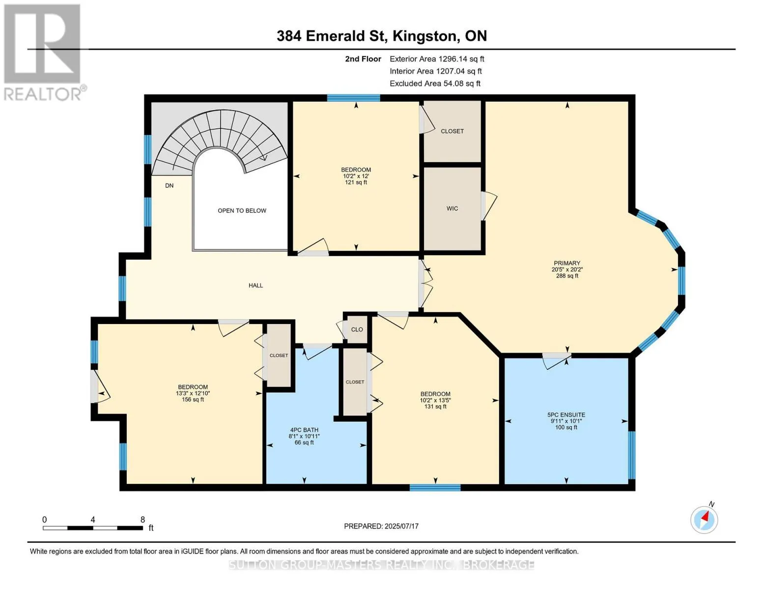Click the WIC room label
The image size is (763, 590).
[x=452, y=208]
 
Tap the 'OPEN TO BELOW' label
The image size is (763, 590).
[x=242, y=210]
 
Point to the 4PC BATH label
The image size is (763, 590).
[x=304, y=430]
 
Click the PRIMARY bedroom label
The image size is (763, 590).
[x=566, y=263]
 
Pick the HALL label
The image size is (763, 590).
[x=255, y=285]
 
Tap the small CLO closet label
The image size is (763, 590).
[x=357, y=329]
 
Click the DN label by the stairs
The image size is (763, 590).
[x=169, y=185]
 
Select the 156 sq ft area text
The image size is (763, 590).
[x=193, y=400]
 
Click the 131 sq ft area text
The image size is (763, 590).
[x=435, y=407]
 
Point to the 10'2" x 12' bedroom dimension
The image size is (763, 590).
[x=356, y=176]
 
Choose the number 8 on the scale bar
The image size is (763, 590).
[x=142, y=519]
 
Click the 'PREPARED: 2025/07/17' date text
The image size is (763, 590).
[x=381, y=526]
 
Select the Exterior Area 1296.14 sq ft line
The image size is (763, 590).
[x=437, y=59]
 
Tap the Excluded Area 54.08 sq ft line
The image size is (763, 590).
[x=435, y=84]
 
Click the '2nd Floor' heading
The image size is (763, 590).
[x=363, y=59]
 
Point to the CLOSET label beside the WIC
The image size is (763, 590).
[x=452, y=131]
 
